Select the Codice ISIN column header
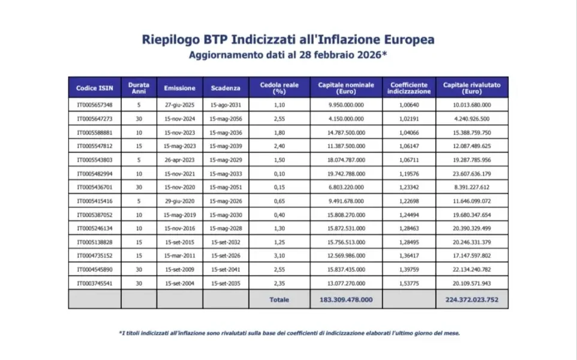[x=94, y=88]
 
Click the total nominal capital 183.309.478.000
[x=347, y=299]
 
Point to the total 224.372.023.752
[x=471, y=299]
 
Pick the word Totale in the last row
[x=279, y=299]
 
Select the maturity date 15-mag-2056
[x=226, y=118]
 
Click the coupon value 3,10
[x=279, y=256]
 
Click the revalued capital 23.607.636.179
[x=471, y=173]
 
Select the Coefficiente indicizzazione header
[x=408, y=88]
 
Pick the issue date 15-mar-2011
[x=179, y=256]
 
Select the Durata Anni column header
[x=139, y=88]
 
